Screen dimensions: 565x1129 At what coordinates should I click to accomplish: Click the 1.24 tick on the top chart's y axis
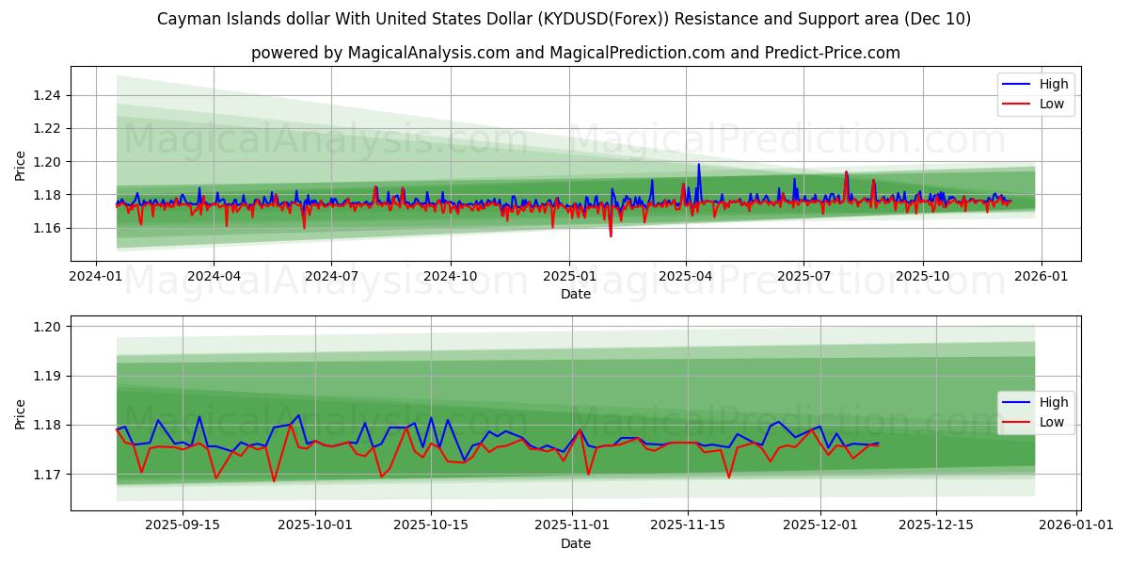tap(47, 95)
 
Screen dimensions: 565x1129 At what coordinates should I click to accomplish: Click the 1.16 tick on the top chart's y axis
tap(47, 228)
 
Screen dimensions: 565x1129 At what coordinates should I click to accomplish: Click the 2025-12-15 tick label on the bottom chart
tap(935, 525)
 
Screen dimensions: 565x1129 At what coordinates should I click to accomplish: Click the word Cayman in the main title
tap(185, 19)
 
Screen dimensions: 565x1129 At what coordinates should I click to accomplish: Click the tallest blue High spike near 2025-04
tap(698, 165)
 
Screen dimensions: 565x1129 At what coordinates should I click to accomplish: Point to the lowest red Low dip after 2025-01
tap(611, 235)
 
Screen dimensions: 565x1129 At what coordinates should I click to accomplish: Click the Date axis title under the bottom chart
tap(576, 543)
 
